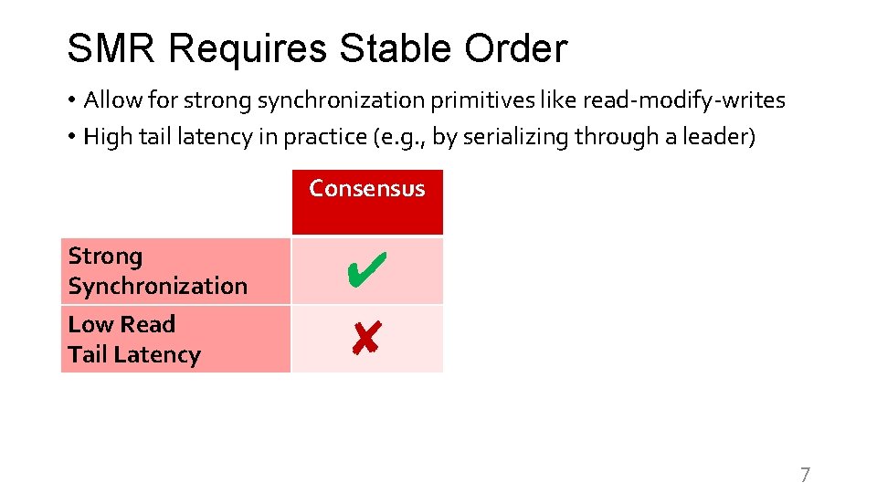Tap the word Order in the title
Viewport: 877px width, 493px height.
pos(518,47)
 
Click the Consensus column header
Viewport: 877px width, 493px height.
pos(366,189)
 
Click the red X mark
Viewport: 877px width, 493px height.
pos(365,339)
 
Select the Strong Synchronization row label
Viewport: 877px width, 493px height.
pos(157,271)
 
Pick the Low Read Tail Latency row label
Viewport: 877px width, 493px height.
pos(133,339)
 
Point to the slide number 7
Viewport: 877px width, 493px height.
pos(805,474)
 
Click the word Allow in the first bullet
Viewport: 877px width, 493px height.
pos(110,100)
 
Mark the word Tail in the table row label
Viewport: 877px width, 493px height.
pos(88,354)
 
